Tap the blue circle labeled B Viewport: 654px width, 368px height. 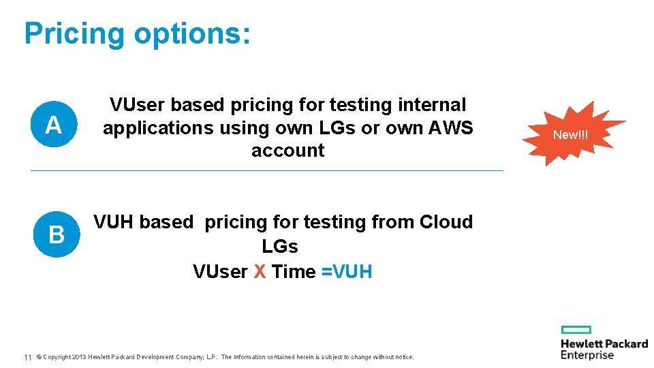[x=56, y=235]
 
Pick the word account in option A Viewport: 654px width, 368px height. [x=287, y=150]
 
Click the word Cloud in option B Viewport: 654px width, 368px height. [x=446, y=222]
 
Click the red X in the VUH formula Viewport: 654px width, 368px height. [x=260, y=271]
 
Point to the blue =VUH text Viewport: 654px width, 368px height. [x=347, y=271]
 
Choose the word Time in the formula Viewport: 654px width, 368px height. [x=294, y=271]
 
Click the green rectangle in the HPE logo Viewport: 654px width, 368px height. [x=576, y=330]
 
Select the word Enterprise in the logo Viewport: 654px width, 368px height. [x=587, y=355]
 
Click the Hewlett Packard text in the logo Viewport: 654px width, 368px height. [x=604, y=343]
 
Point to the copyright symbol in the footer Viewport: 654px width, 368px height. [x=39, y=357]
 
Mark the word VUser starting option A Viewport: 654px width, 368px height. [x=137, y=105]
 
